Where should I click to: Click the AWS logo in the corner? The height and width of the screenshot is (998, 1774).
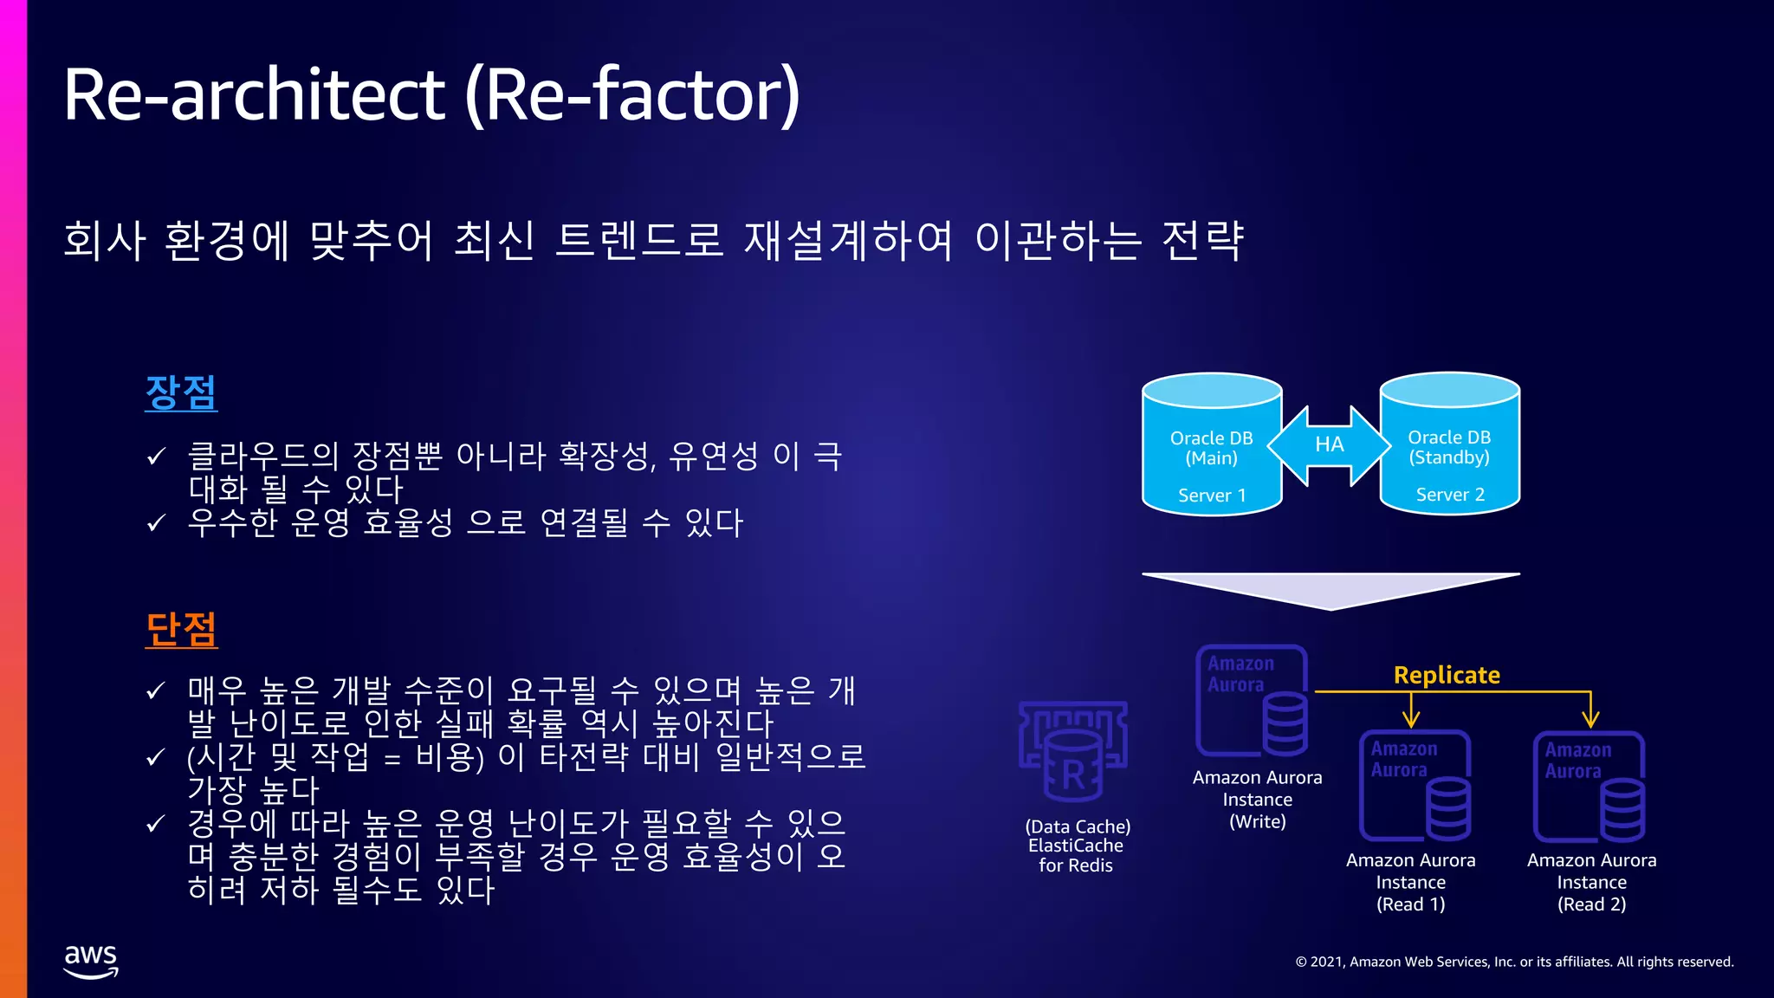point(90,961)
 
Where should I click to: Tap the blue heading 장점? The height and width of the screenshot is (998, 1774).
point(180,392)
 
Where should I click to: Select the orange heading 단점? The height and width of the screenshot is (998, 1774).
point(181,629)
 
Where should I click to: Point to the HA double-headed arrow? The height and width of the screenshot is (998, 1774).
point(1330,445)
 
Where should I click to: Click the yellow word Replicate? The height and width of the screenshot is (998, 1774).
point(1447,675)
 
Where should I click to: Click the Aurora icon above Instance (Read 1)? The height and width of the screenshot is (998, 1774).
point(1415,786)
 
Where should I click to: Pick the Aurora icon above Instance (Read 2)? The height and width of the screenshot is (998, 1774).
point(1589,787)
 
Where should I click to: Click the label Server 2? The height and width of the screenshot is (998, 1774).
point(1450,495)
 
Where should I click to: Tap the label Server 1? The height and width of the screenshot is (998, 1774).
point(1212,496)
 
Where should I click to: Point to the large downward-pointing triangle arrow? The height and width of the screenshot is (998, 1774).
point(1330,589)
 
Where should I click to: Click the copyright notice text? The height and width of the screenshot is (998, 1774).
point(1514,962)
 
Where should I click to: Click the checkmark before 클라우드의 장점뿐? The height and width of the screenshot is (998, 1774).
point(156,457)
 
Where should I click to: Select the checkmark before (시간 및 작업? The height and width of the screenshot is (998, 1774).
point(156,758)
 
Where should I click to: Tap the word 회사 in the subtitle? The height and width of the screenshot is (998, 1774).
point(105,241)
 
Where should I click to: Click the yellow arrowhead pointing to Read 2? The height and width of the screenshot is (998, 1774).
point(1590,719)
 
